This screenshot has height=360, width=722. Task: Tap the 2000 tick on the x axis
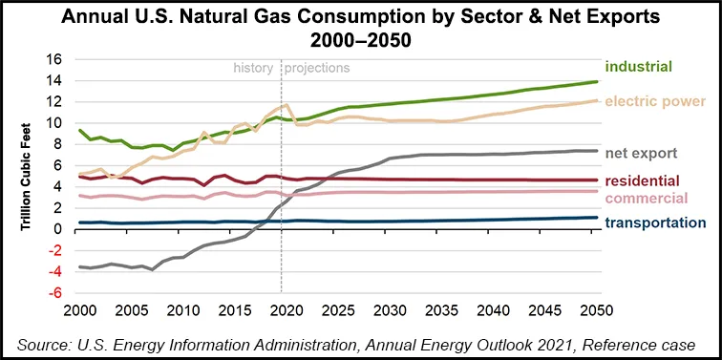[79, 311]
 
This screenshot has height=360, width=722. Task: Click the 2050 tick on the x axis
[598, 311]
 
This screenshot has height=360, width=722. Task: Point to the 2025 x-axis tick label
[338, 311]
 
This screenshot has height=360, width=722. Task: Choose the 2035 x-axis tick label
[442, 311]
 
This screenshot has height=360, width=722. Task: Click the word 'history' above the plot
[255, 68]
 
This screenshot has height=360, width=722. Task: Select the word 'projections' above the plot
[318, 68]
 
